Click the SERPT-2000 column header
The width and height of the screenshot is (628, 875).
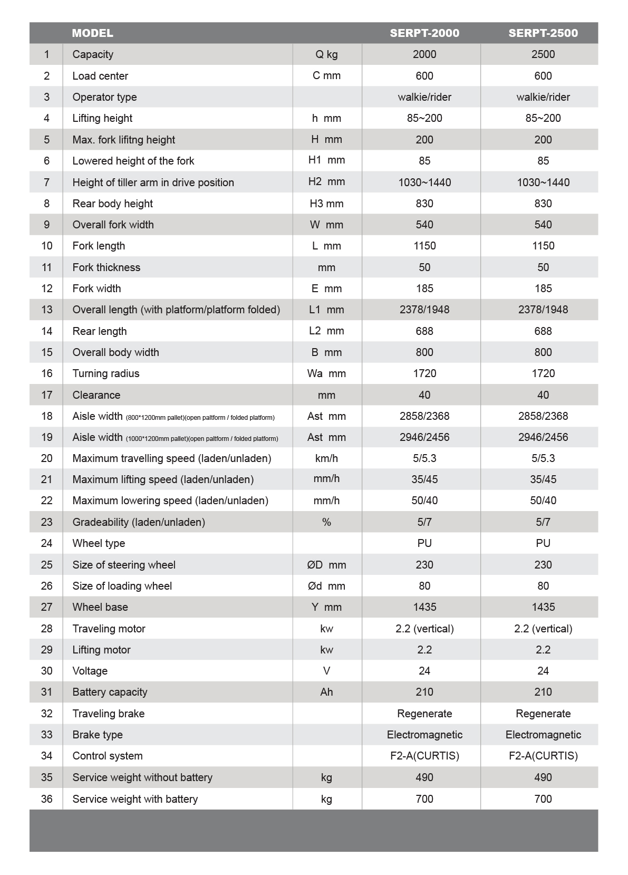(x=424, y=33)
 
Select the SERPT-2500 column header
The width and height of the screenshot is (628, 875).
(x=543, y=33)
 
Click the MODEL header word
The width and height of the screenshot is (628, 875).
(x=92, y=33)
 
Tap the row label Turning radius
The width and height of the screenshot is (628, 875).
(x=106, y=373)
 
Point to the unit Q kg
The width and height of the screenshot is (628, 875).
(x=326, y=54)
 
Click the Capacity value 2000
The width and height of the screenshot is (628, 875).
(x=424, y=54)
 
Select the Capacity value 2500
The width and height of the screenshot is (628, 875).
(x=543, y=54)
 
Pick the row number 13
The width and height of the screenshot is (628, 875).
(x=46, y=310)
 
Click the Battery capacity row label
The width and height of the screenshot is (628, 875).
(x=110, y=692)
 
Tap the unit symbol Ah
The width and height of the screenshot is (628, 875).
(x=326, y=692)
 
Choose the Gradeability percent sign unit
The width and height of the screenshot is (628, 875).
(x=326, y=522)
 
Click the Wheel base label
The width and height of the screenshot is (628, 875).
(x=100, y=607)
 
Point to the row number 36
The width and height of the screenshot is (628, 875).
(x=46, y=799)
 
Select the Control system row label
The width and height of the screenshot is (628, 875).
(x=108, y=756)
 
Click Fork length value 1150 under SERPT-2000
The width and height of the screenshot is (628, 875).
(x=424, y=246)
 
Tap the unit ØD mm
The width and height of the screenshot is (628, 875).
(x=326, y=565)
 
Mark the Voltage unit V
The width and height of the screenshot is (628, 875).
(x=326, y=671)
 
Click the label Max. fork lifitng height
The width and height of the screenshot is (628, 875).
(x=124, y=140)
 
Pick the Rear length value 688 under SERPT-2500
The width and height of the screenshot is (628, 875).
(x=543, y=331)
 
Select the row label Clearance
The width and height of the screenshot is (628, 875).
(x=96, y=395)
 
